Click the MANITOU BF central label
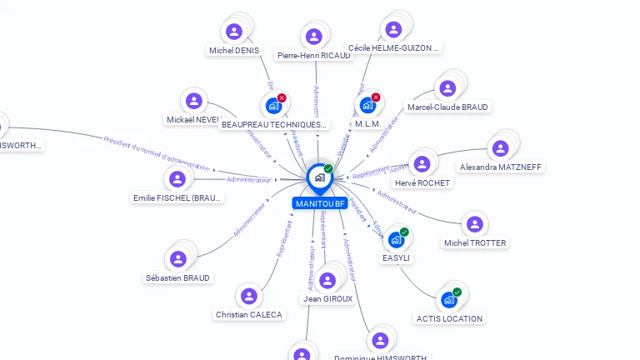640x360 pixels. coord(319,203)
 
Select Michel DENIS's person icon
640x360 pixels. coord(234,32)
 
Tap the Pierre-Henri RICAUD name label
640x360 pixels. coord(313,55)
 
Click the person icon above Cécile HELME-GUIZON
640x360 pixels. coord(393,29)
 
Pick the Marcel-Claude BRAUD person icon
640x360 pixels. coord(447,88)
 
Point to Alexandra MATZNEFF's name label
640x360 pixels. coord(500,167)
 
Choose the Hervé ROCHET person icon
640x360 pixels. coord(422,163)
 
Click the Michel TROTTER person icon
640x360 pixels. coord(474,224)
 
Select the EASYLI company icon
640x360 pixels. coord(396,240)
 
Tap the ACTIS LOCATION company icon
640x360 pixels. coord(449,300)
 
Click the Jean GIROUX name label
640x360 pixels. coord(327,298)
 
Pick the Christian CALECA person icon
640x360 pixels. coord(248,296)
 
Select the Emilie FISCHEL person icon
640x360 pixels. coord(177,179)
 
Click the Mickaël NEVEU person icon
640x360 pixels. coord(194,101)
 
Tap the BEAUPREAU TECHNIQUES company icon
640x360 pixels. coord(273,106)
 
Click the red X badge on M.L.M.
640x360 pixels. coord(376,97)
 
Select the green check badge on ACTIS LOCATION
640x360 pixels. coord(457,292)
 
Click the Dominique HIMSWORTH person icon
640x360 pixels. coord(380,340)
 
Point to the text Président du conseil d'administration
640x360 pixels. coord(156,151)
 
